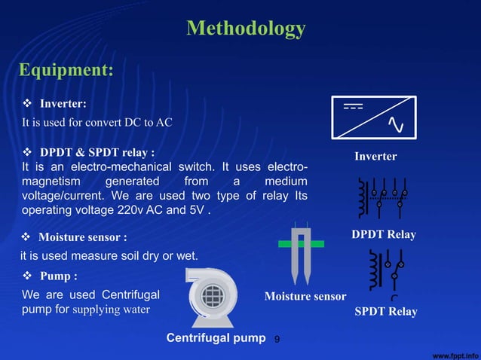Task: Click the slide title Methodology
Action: tap(246, 29)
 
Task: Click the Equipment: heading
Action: tap(66, 70)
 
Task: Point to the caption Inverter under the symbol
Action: tap(375, 156)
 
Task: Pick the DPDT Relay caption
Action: tap(384, 235)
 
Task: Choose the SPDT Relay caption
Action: tap(385, 311)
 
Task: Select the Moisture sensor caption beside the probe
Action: tap(305, 297)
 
